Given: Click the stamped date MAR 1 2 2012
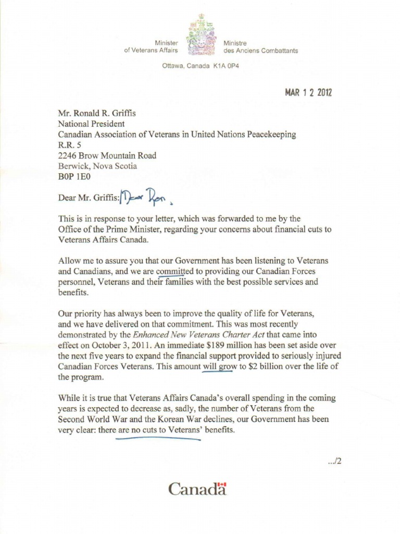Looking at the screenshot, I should pyautogui.click(x=308, y=93).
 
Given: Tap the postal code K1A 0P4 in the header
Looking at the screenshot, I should pyautogui.click(x=226, y=67).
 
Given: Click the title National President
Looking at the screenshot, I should pyautogui.click(x=91, y=124).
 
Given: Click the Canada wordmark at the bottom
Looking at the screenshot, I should pyautogui.click(x=197, y=490).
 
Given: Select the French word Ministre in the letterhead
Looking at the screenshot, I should pyautogui.click(x=235, y=43).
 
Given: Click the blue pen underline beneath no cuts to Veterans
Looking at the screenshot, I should pyautogui.click(x=158, y=439).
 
